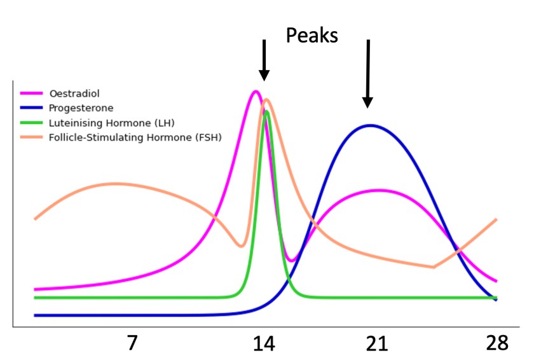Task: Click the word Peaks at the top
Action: click(311, 35)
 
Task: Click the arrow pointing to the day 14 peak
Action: click(264, 60)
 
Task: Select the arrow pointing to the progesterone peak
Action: click(367, 73)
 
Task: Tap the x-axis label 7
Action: click(132, 343)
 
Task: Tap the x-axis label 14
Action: click(264, 343)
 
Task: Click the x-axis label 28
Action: click(495, 343)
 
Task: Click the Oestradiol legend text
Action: click(71, 94)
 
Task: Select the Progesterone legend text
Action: click(76, 108)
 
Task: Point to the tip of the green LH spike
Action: click(266, 112)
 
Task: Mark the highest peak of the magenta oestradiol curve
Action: click(256, 91)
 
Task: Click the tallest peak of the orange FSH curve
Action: click(266, 99)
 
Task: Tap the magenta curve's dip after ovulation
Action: click(291, 260)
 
